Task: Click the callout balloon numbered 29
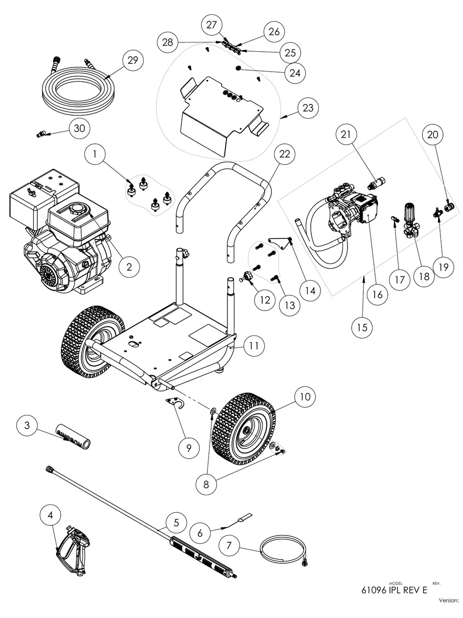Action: pyautogui.click(x=132, y=60)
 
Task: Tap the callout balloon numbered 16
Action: pyautogui.click(x=377, y=294)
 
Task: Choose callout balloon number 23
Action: pyautogui.click(x=309, y=109)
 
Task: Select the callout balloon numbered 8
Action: pyautogui.click(x=206, y=484)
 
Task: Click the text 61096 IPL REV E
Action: pyautogui.click(x=394, y=590)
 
